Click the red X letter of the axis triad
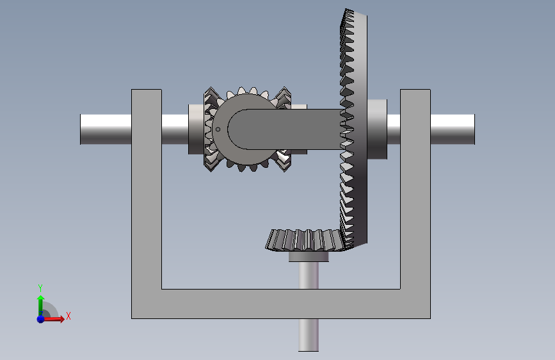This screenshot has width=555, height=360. (68, 316)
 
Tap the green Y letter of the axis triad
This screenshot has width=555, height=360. (40, 288)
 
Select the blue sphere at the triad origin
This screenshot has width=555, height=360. (41, 319)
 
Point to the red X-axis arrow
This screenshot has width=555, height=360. (53, 319)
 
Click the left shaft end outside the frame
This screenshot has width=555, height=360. (106, 129)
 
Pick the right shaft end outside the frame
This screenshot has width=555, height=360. (453, 129)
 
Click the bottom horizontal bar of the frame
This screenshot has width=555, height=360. (281, 304)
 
